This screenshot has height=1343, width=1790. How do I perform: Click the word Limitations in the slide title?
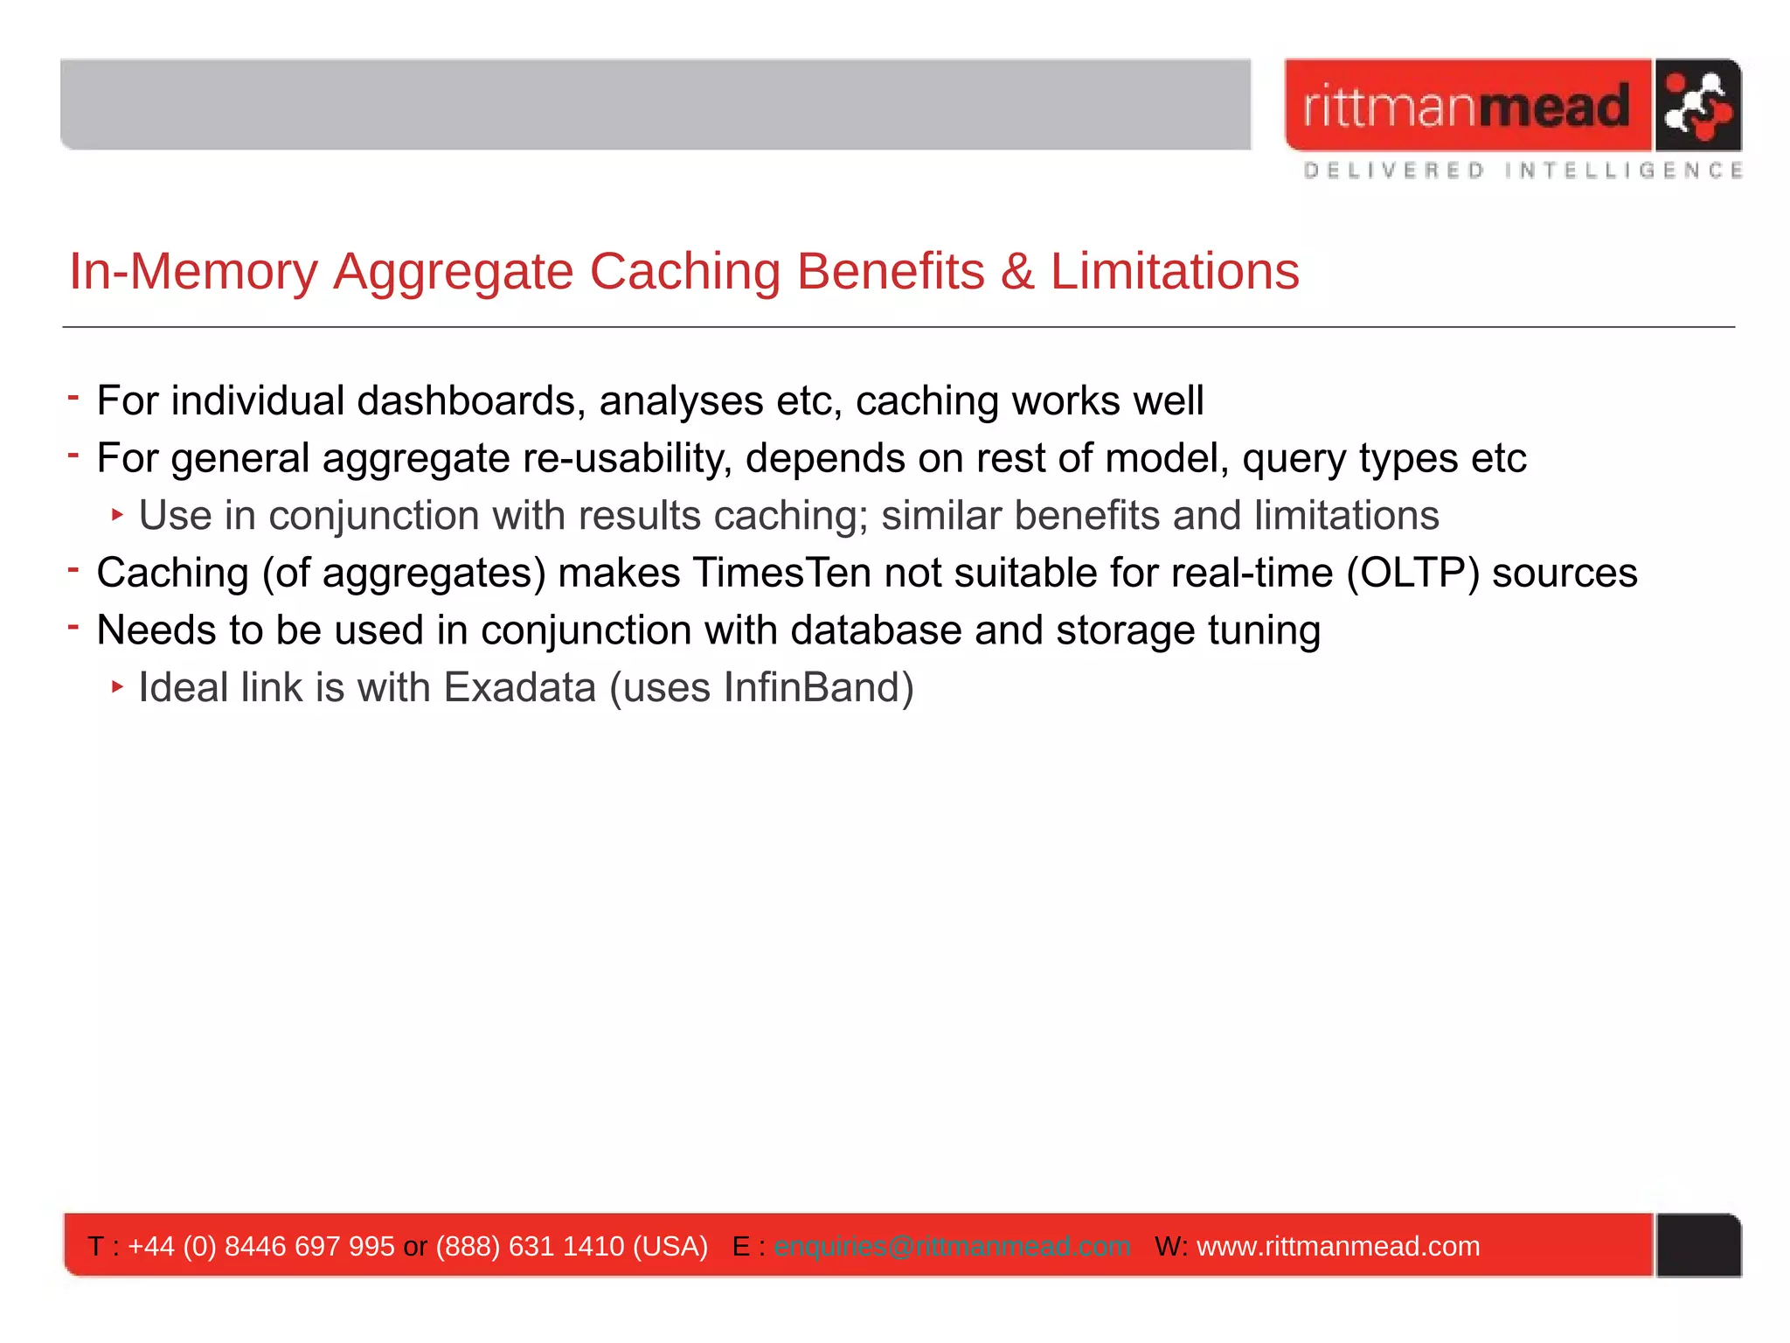1174,271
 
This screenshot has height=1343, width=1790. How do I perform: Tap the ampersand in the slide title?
1016,271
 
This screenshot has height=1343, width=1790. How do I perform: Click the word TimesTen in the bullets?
782,574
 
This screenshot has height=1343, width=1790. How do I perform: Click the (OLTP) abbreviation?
1412,574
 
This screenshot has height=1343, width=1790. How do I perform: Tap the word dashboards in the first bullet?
466,401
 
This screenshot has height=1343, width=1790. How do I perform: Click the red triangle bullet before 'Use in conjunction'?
117,515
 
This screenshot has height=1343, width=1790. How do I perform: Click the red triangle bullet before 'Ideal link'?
117,687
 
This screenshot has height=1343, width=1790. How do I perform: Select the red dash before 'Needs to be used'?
73,626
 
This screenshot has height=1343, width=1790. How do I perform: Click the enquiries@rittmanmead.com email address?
952,1246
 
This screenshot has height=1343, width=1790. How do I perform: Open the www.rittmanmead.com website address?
1338,1246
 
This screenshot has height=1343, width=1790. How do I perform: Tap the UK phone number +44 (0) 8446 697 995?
261,1246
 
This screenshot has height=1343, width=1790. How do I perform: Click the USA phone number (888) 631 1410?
530,1246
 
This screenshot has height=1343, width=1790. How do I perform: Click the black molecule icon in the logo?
1696,106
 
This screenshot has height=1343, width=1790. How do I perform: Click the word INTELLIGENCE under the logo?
1623,170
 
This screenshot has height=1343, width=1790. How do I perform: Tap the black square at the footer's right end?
1698,1245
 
